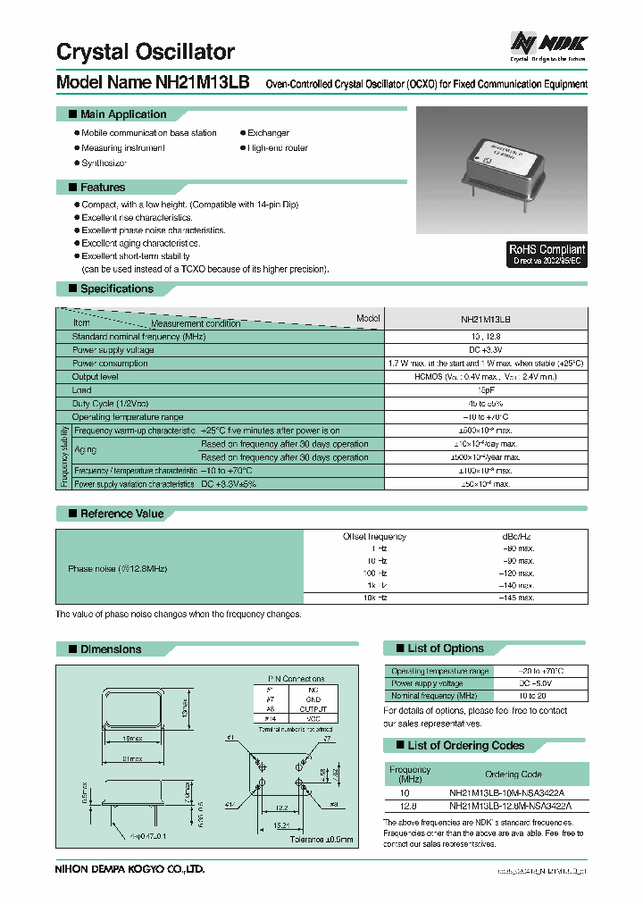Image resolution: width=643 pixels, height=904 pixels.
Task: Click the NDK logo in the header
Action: [x=548, y=42]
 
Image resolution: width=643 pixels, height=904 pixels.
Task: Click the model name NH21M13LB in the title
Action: [x=203, y=83]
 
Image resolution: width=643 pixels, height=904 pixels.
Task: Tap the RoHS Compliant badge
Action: [x=547, y=255]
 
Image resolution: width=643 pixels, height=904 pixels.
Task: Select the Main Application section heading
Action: [x=123, y=114]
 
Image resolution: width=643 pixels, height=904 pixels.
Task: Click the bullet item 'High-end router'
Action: [x=278, y=147]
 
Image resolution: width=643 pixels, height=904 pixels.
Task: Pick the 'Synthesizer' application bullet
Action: [x=104, y=163]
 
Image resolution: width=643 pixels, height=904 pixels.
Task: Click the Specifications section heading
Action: [x=116, y=289]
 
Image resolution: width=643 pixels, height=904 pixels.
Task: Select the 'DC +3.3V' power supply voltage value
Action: [x=486, y=350]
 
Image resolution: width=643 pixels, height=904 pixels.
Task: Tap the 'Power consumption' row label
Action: [x=111, y=364]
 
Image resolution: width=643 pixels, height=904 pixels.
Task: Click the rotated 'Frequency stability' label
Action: [x=63, y=456]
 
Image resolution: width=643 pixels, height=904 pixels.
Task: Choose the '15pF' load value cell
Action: [x=486, y=390]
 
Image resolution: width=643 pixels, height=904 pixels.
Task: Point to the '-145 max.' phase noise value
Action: [x=517, y=597]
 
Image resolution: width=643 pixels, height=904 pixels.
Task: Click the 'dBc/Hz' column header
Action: [x=517, y=536]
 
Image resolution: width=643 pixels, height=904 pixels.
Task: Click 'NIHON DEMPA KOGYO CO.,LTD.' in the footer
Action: [x=129, y=867]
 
